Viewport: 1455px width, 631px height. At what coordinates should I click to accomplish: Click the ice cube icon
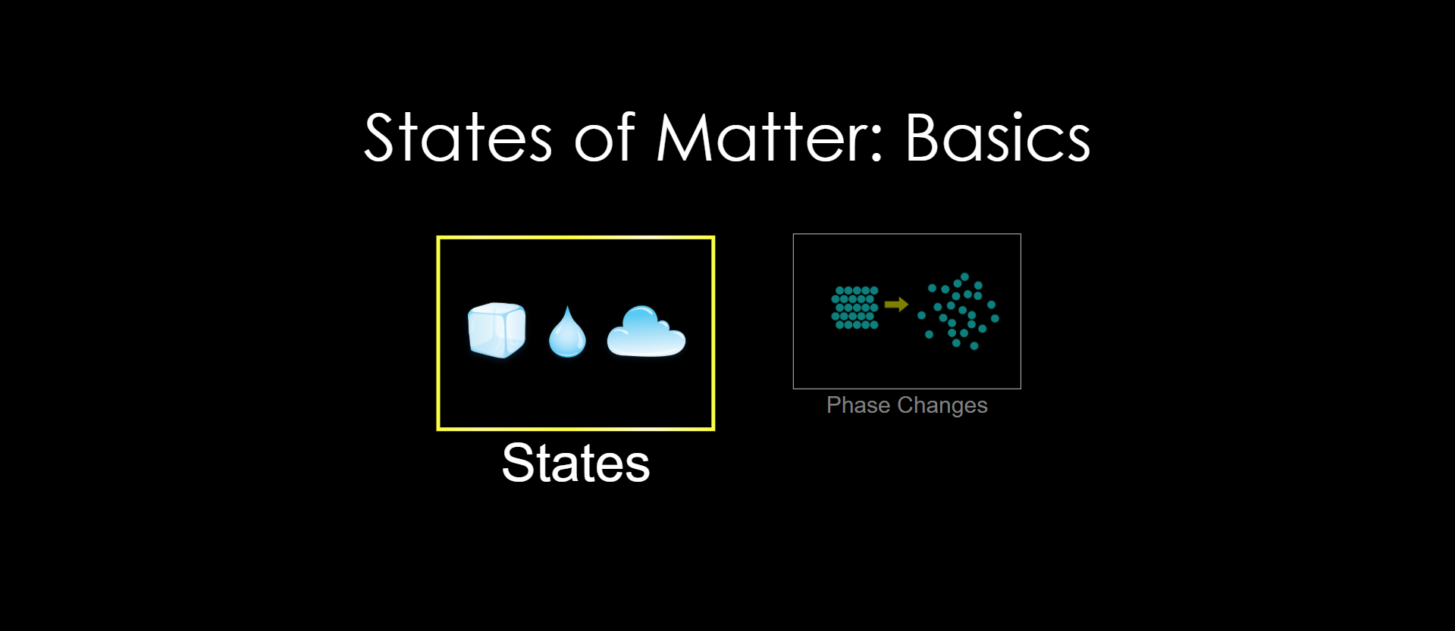tap(497, 330)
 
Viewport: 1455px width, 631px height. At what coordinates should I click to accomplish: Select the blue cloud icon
tap(646, 331)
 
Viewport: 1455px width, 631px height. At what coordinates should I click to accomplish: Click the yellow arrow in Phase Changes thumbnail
tap(896, 305)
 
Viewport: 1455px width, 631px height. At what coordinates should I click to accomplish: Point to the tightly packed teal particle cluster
tap(855, 308)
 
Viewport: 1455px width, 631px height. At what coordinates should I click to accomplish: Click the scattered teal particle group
tap(958, 311)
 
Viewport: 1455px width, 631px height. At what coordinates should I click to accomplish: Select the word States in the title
tap(458, 138)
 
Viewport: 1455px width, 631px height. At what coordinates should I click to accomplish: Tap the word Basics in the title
tap(998, 138)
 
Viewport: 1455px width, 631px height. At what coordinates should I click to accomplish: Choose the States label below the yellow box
tap(576, 463)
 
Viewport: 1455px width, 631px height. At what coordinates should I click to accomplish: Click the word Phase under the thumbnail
tap(858, 405)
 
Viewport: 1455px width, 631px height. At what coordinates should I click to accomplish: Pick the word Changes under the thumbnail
tap(942, 406)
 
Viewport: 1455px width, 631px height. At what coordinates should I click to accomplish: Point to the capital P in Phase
tap(833, 405)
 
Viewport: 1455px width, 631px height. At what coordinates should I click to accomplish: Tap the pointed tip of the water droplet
tap(567, 306)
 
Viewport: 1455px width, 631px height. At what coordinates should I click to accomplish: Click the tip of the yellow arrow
tap(908, 305)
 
